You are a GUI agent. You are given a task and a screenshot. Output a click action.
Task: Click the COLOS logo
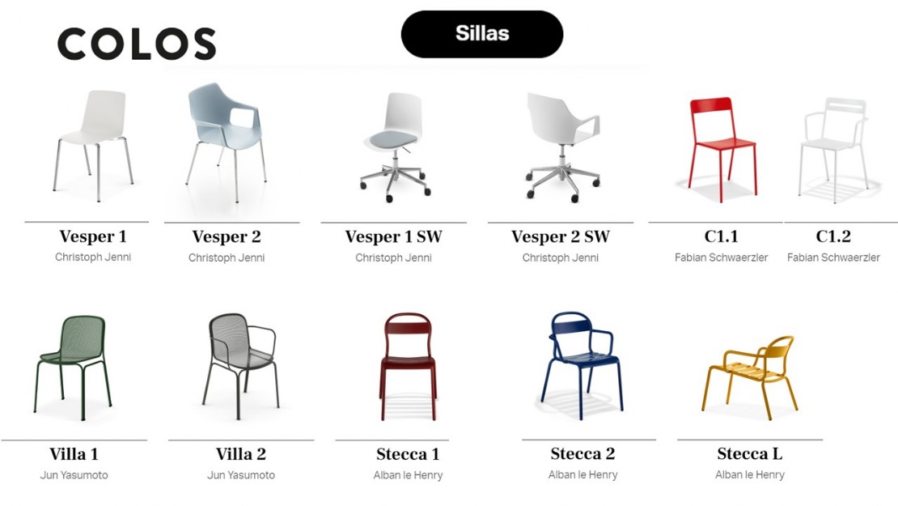(x=136, y=45)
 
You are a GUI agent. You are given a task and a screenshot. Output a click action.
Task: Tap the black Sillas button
(x=481, y=34)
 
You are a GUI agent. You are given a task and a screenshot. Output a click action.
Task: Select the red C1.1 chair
(x=723, y=149)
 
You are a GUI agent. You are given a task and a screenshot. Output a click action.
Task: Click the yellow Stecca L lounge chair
(x=749, y=373)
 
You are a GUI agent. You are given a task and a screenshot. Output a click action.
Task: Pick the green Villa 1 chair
(x=73, y=367)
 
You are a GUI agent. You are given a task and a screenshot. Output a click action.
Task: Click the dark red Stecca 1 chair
(x=408, y=366)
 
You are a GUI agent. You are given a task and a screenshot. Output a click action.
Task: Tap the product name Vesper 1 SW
(x=393, y=236)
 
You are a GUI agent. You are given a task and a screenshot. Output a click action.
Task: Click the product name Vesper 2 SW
(x=560, y=236)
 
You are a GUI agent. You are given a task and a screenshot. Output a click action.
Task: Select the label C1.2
(x=833, y=236)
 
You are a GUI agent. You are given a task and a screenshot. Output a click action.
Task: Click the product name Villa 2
(x=241, y=454)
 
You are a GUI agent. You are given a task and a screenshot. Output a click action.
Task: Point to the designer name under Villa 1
(x=74, y=475)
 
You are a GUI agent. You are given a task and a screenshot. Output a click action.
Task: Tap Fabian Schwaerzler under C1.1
(x=721, y=257)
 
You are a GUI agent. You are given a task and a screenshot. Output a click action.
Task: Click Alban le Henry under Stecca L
(x=750, y=474)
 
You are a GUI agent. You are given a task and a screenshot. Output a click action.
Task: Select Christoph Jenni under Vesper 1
(x=93, y=257)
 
